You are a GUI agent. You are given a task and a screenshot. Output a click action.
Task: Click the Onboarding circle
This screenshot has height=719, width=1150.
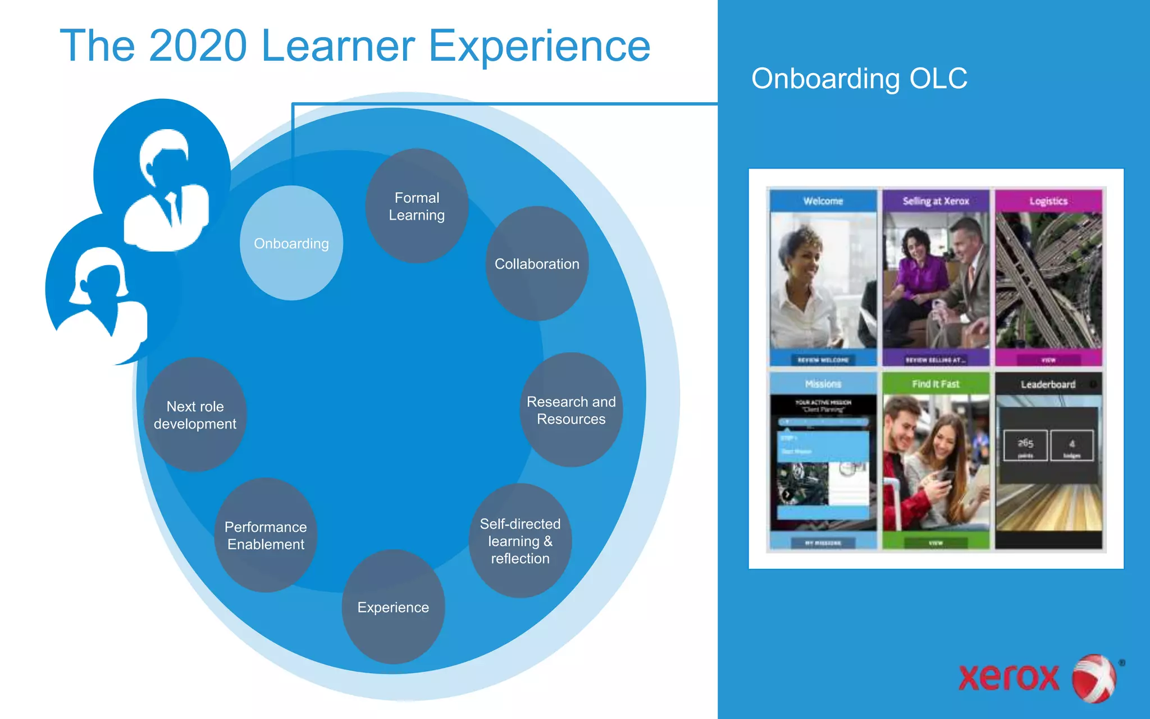click(x=291, y=243)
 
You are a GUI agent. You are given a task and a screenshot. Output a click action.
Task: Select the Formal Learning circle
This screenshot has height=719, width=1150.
click(x=417, y=206)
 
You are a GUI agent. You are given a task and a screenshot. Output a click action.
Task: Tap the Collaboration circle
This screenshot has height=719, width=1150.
click(x=537, y=264)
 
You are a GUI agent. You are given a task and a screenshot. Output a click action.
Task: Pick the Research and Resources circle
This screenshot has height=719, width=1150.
click(x=571, y=411)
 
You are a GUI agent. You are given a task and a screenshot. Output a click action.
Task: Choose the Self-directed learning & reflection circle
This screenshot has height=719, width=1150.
click(x=520, y=541)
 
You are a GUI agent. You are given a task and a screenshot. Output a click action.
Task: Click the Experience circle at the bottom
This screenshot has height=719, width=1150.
click(x=393, y=607)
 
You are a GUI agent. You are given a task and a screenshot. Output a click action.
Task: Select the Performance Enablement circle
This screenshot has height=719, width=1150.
click(x=266, y=535)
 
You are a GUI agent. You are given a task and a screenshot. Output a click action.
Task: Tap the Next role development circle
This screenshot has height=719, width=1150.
click(x=195, y=415)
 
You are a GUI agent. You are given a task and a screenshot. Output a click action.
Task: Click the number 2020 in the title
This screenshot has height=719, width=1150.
click(x=198, y=46)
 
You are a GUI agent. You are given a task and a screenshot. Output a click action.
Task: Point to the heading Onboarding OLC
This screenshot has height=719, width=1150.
click(x=859, y=79)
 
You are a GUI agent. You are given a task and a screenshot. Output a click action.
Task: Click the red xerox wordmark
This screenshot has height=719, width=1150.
click(x=1008, y=677)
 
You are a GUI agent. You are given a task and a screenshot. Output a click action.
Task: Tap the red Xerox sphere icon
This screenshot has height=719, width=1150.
click(x=1094, y=678)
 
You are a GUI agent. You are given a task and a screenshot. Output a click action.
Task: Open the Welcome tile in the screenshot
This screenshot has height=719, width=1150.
click(x=823, y=201)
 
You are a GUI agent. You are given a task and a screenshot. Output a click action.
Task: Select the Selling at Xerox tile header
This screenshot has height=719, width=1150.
click(x=935, y=201)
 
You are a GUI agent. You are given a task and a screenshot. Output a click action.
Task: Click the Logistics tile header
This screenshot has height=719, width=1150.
click(x=1048, y=201)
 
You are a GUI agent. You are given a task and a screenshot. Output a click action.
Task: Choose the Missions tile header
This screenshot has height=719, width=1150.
click(x=823, y=384)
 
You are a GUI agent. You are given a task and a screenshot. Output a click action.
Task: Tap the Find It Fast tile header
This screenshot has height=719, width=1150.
click(x=935, y=384)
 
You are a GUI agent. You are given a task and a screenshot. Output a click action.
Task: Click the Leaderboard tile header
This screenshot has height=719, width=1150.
click(x=1048, y=384)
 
